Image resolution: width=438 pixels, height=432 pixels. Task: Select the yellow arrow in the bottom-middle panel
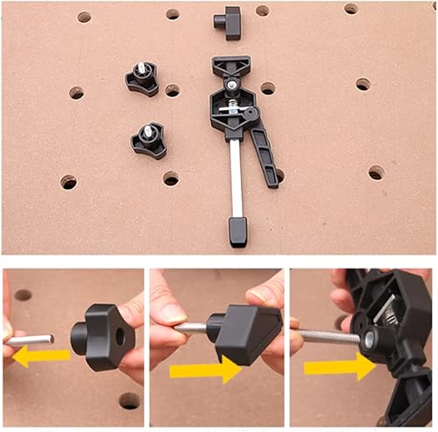[x=205, y=370]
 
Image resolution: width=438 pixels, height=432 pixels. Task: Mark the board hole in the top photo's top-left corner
[x=84, y=17]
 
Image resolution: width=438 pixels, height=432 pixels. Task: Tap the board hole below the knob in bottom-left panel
[x=130, y=400]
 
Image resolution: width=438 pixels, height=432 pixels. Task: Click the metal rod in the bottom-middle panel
[x=194, y=328]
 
